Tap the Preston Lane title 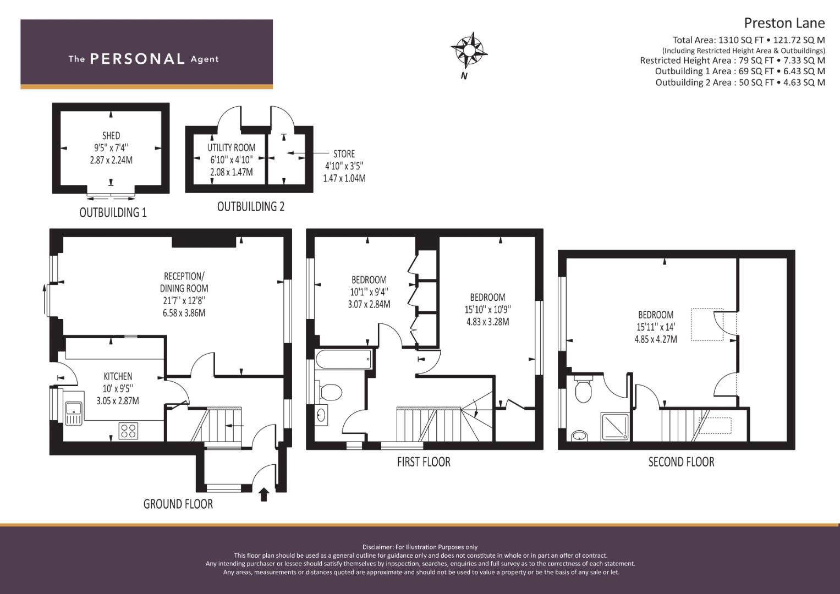(x=784, y=23)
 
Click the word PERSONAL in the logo (x=138, y=59)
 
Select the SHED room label (x=111, y=135)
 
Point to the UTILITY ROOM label (x=232, y=147)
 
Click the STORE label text (x=344, y=154)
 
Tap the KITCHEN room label (x=118, y=376)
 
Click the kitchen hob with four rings (x=128, y=431)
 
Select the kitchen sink (x=74, y=414)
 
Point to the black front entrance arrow (x=264, y=494)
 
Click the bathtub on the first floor (x=344, y=359)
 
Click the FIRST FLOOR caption (x=424, y=462)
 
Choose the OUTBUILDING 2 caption (x=250, y=207)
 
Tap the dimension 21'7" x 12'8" (x=184, y=301)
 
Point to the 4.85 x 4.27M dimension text (x=656, y=339)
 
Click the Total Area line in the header (x=749, y=40)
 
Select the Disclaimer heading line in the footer (x=420, y=547)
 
